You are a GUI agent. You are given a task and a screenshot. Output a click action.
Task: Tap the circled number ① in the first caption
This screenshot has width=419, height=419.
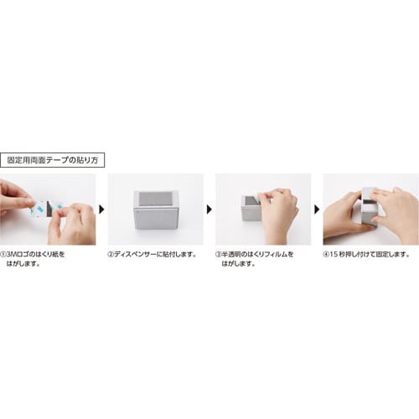point(5,252)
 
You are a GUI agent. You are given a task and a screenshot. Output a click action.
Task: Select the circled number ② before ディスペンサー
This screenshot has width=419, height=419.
point(112,252)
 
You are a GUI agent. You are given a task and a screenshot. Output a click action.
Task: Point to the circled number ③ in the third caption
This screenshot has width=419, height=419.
point(220,252)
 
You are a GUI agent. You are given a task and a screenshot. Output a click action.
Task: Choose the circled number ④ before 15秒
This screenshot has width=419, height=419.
point(327,252)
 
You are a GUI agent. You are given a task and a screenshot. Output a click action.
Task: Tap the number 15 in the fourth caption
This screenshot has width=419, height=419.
point(335,252)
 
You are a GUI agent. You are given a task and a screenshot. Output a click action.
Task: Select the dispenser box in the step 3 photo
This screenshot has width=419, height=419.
point(249,208)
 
